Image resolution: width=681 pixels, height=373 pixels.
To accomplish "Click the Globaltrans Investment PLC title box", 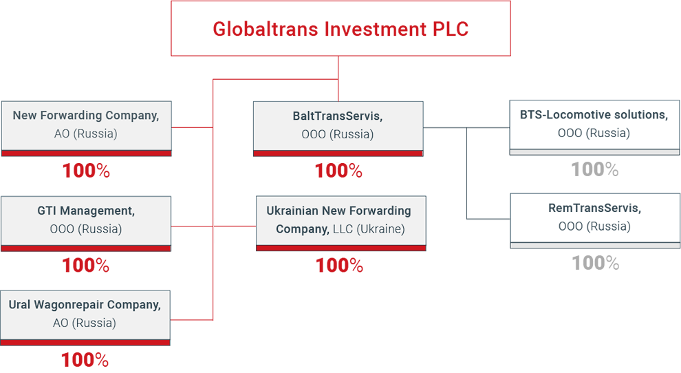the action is pos(340,28).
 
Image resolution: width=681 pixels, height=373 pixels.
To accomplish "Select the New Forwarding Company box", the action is pos(87,129).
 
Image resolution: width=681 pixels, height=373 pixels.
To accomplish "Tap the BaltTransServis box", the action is pos(338,129).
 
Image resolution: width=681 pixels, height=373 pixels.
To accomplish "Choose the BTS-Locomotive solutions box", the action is pos(594,127).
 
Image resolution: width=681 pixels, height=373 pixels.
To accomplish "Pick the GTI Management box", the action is pos(86,224).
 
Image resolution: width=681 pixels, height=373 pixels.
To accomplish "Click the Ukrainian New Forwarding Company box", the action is pos(341,224).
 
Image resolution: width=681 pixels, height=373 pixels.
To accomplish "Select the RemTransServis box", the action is pos(595,221).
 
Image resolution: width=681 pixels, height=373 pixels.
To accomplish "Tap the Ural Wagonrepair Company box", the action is pos(85,318).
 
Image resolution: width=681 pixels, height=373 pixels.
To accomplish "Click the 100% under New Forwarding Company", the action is pos(86,171).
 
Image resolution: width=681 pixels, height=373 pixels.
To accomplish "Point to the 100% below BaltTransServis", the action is pos(338,171).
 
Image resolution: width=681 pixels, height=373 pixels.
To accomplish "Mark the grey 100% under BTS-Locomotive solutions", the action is pos(594,169).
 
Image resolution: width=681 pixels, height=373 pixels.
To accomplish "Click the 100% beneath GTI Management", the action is pos(85,265).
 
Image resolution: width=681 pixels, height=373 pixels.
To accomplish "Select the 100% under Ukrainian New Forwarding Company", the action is pos(339,265).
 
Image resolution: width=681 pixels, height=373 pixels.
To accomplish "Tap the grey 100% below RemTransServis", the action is pos(596,263).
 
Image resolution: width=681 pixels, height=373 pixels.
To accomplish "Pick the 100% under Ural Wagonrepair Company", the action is pos(85,360).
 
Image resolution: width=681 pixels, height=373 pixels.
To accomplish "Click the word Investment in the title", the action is pos(376,29).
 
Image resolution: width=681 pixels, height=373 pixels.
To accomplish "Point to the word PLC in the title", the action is pos(451,29).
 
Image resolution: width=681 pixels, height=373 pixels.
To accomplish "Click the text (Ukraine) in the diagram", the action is pos(380,229).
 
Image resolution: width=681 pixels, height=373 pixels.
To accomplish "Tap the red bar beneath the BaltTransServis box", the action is pos(338,153).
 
